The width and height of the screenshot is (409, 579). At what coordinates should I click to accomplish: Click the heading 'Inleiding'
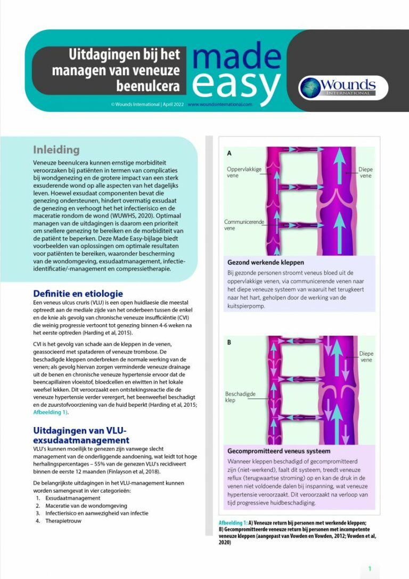coord(56,149)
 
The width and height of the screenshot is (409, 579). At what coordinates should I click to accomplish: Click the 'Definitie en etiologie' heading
coord(78,293)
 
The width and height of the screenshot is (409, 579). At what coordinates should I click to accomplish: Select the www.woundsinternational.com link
coord(219,104)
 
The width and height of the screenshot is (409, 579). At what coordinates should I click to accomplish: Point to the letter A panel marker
coord(230,154)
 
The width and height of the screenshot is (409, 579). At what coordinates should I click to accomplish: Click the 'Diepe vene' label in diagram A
coord(366,173)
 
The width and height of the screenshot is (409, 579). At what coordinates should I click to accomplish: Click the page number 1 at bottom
coord(370,569)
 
